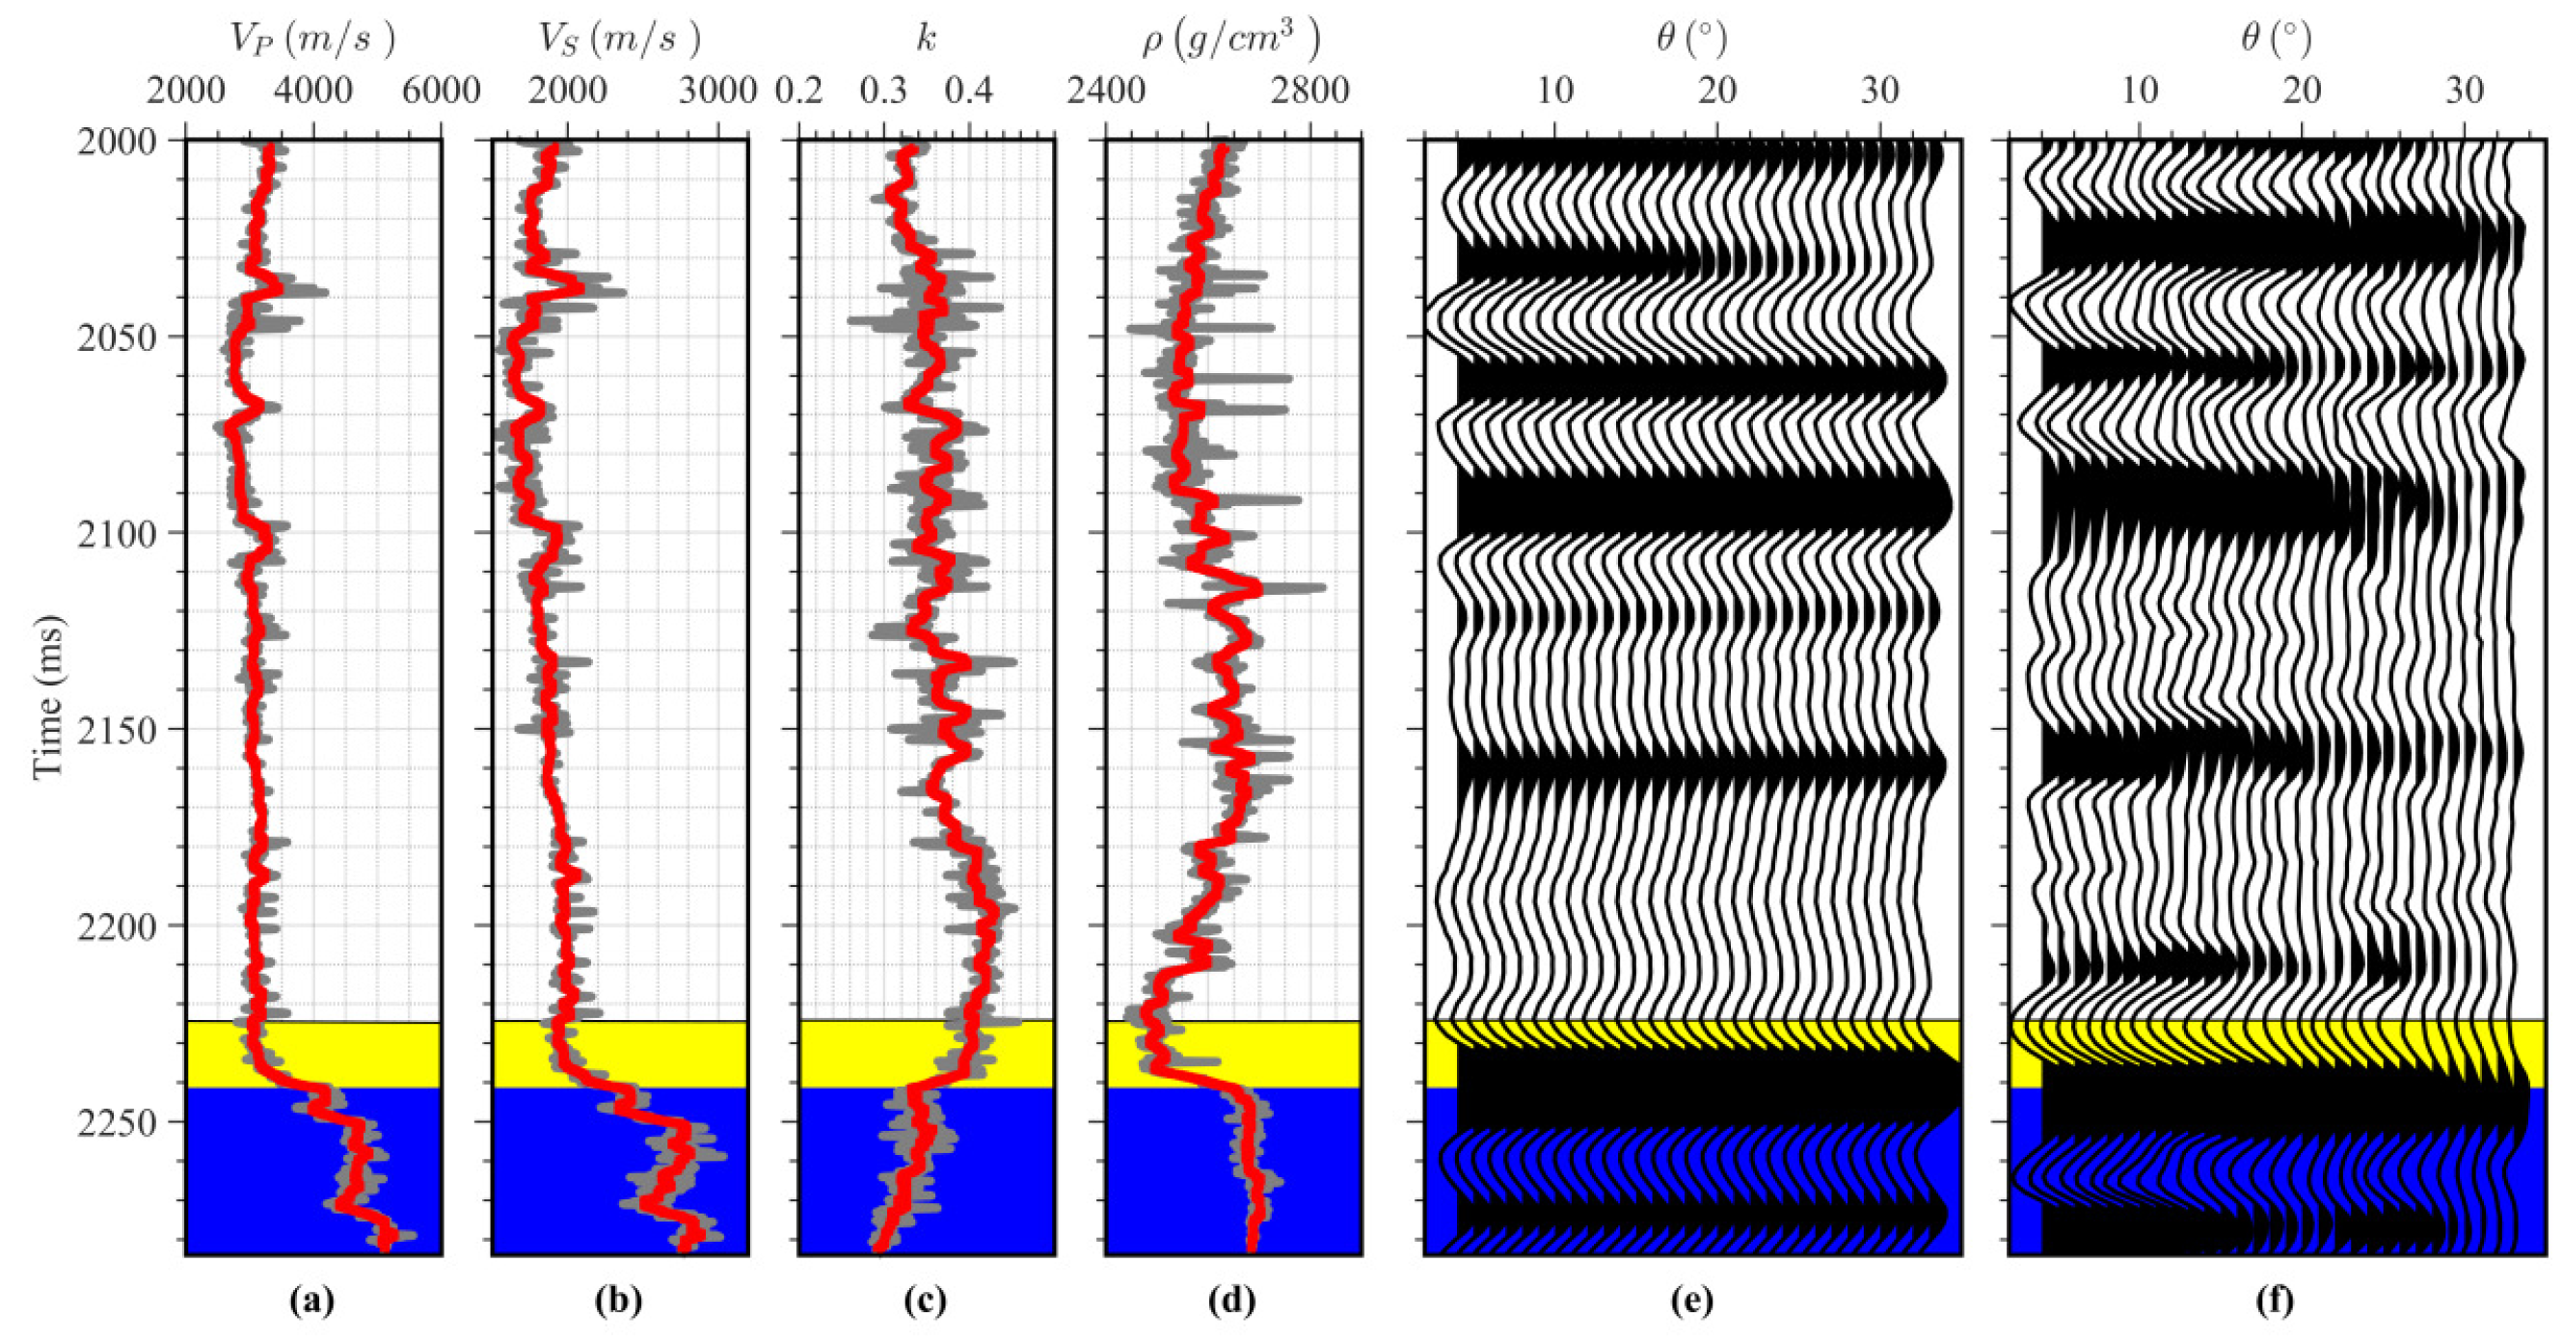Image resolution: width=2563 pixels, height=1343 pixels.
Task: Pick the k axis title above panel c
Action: tap(926, 38)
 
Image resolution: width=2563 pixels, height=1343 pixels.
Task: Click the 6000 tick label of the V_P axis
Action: tap(440, 92)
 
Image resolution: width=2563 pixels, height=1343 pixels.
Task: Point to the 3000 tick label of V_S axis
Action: tap(718, 92)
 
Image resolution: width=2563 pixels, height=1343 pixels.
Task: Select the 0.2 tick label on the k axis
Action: tap(800, 92)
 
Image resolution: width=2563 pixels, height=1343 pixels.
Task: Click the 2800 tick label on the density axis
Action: tap(1310, 92)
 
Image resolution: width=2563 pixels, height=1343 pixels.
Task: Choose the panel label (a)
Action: tap(311, 1300)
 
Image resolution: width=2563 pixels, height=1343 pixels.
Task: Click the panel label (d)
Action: tap(1231, 1300)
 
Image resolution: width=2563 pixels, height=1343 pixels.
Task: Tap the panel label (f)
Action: tap(2276, 1300)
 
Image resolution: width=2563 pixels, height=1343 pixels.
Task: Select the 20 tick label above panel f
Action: tap(2302, 92)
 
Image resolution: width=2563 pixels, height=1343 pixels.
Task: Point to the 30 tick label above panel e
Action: tap(1879, 92)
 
